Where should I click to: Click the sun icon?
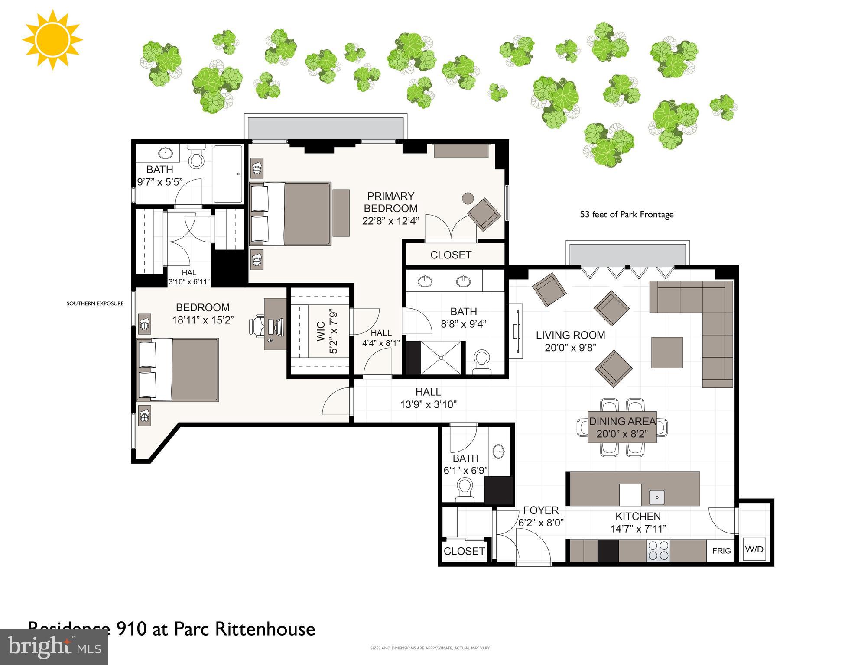coord(52,40)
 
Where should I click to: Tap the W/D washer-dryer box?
coord(754,549)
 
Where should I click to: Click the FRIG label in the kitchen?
coord(721,551)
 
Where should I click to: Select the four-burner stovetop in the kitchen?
coord(658,551)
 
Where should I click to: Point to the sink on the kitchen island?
coord(657,497)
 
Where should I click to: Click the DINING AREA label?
coord(622,421)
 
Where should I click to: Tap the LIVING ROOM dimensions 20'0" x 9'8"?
coord(570,348)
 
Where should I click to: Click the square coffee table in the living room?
coord(667,352)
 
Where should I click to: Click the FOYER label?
coord(540,510)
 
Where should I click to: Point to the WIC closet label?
coord(321,331)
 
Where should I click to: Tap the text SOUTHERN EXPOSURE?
coord(95,303)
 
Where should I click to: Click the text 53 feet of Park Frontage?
coord(627,214)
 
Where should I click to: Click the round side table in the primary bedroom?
coord(468,199)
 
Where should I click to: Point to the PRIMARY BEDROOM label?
coord(390,202)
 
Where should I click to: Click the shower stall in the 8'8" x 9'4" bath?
coord(441,358)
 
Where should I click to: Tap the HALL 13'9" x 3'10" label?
coord(428,398)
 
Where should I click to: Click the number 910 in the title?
coord(131,629)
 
